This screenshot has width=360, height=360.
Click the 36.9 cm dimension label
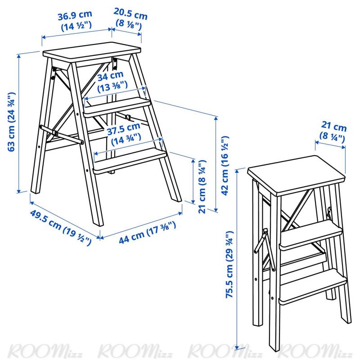[75, 21]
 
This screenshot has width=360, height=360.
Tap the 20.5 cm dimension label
[130, 19]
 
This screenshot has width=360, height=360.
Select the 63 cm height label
[12, 121]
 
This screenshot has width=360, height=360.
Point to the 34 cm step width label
[112, 81]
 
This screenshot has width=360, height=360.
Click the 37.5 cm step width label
[125, 134]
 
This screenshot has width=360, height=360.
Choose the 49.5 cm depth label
[60, 227]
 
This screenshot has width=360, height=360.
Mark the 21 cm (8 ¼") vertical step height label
[202, 186]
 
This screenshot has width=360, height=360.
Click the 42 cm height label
[225, 166]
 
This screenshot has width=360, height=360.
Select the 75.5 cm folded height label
[229, 265]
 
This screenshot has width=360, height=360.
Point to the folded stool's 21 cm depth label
[333, 131]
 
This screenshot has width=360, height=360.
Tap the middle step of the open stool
[117, 106]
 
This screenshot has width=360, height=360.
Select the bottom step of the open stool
[130, 161]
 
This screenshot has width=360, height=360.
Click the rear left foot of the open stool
[36, 189]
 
